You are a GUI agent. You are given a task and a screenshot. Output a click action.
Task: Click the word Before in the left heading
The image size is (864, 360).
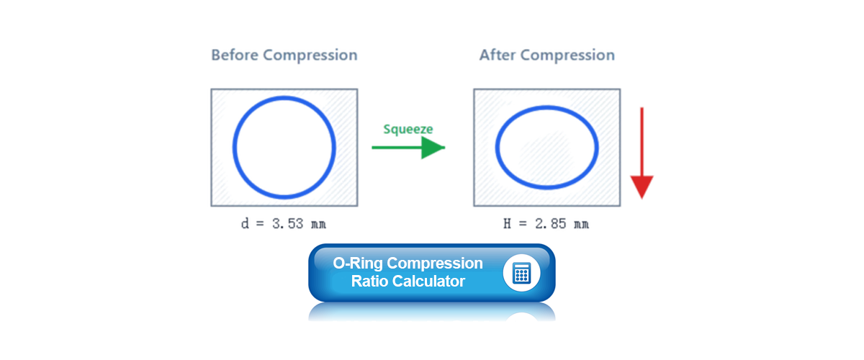pyautogui.click(x=235, y=55)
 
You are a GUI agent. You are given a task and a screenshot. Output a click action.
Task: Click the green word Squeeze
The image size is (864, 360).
pyautogui.click(x=408, y=130)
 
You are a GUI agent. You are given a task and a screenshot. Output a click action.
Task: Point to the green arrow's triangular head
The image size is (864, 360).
pyautogui.click(x=433, y=148)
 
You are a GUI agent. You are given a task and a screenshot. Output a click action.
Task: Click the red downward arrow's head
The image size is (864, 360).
pyautogui.click(x=642, y=187)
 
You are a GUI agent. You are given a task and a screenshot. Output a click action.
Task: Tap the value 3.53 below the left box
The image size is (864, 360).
pyautogui.click(x=288, y=224)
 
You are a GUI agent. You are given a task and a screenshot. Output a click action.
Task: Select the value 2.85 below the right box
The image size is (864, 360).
pyautogui.click(x=550, y=224)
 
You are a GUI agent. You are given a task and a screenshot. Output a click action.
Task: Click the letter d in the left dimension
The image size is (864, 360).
pyautogui.click(x=245, y=224)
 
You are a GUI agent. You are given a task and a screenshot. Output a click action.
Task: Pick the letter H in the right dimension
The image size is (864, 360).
pyautogui.click(x=507, y=224)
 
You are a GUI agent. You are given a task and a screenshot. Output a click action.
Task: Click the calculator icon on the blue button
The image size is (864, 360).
pyautogui.click(x=521, y=273)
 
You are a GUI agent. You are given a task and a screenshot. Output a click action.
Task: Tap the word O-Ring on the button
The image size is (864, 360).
pyautogui.click(x=358, y=263)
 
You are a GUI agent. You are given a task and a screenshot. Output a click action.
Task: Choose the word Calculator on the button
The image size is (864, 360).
pyautogui.click(x=428, y=282)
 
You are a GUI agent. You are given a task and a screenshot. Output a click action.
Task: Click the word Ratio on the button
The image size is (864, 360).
pyautogui.click(x=369, y=282)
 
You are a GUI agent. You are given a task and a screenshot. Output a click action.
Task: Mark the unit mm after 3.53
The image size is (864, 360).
pyautogui.click(x=318, y=225)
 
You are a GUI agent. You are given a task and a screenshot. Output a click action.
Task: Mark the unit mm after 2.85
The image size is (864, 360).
pyautogui.click(x=581, y=225)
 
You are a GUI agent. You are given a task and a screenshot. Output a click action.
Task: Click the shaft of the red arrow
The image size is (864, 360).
pyautogui.click(x=642, y=142)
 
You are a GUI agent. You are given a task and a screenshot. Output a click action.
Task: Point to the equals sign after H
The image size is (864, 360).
pyautogui.click(x=523, y=224)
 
